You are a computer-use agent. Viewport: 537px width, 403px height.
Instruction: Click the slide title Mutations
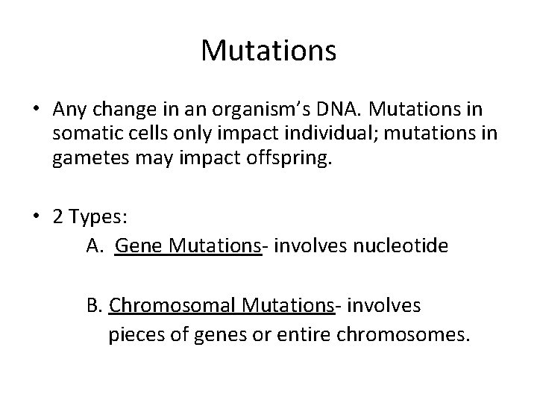[x=268, y=51]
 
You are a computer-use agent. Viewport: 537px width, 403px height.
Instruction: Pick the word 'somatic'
[x=85, y=134]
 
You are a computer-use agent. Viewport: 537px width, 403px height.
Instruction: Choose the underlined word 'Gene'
[x=139, y=246]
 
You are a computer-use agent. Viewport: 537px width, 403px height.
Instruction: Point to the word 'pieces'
[x=134, y=334]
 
